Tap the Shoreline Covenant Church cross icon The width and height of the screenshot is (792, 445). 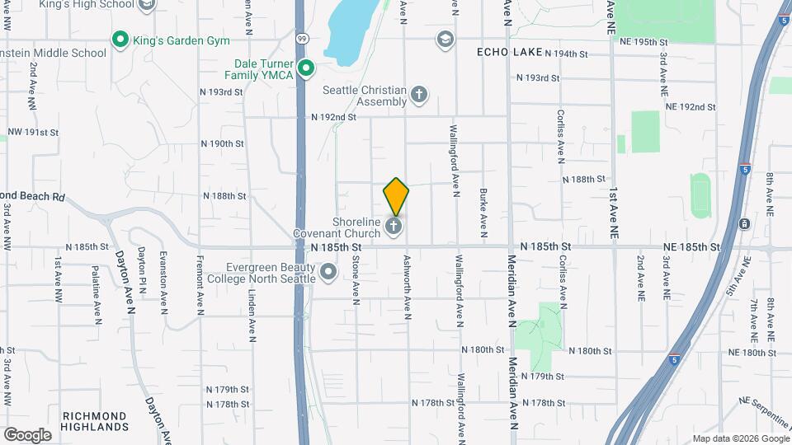394,226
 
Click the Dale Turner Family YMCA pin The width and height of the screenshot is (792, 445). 306,68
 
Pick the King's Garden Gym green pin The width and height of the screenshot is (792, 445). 120,39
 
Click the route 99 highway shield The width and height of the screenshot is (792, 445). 303,39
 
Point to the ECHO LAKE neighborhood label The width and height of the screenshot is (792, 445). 510,52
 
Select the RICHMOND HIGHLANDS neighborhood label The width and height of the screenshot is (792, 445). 96,421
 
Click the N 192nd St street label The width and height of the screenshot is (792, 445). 333,117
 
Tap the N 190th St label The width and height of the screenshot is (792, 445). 223,143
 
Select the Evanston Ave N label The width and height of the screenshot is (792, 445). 163,281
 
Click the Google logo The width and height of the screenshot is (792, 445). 27,434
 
